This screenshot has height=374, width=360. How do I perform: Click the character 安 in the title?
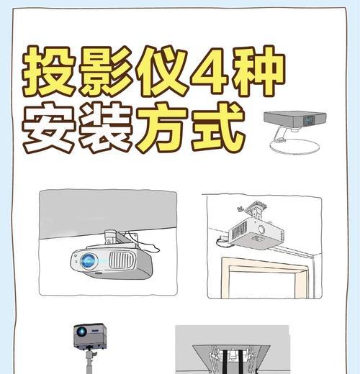[x=51, y=130]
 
